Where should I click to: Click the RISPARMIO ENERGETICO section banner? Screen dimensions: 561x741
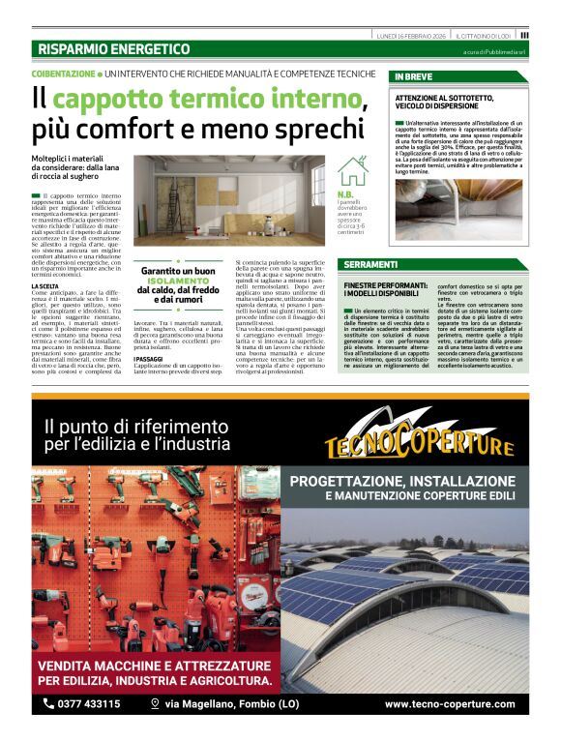[x=114, y=48]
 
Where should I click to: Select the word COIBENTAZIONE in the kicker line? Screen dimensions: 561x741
[x=63, y=74]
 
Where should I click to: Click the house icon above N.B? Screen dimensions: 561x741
[x=352, y=171]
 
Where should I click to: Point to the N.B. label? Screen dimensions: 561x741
[x=345, y=193]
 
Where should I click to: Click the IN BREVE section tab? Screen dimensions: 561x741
[x=413, y=75]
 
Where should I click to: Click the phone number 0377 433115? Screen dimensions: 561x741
[x=89, y=703]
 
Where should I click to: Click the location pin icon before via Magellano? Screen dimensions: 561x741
[x=155, y=703]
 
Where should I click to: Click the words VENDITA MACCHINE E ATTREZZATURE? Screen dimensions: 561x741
[x=154, y=666]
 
